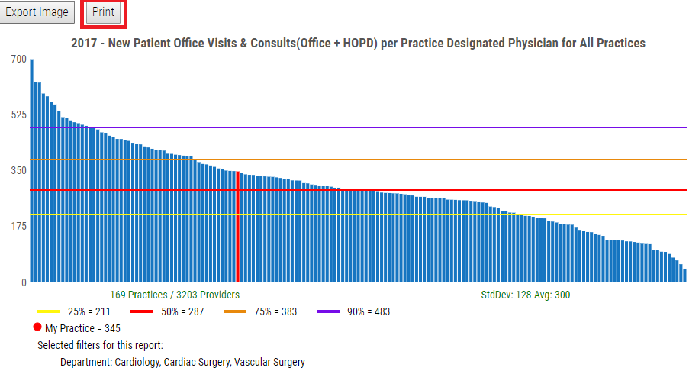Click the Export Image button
coord(37,12)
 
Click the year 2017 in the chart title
coord(84,44)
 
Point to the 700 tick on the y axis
coord(18,60)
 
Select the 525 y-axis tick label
coord(18,115)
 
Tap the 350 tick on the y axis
coord(18,171)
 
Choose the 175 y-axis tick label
coord(18,227)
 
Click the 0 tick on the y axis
coord(24,282)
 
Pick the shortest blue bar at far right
coord(684,276)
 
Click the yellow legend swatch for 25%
coord(49,312)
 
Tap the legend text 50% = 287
coord(182,312)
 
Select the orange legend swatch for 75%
coord(234,312)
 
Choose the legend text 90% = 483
coord(369,312)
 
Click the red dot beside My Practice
coord(37,327)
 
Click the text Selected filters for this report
coord(100,345)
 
